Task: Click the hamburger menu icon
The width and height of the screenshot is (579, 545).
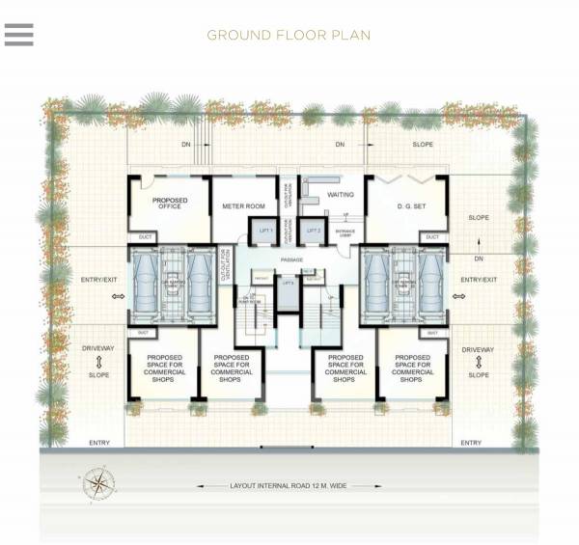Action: pos(18,35)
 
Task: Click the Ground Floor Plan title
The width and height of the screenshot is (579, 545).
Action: pos(289,36)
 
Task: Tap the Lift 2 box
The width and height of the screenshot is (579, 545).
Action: pos(313,232)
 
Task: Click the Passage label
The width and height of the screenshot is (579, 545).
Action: pos(292,260)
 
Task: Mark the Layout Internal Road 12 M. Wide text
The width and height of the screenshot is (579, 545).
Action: pos(289,486)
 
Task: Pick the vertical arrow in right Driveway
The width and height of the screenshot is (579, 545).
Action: pos(478,363)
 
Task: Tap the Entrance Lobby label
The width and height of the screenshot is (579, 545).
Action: pos(344,231)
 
